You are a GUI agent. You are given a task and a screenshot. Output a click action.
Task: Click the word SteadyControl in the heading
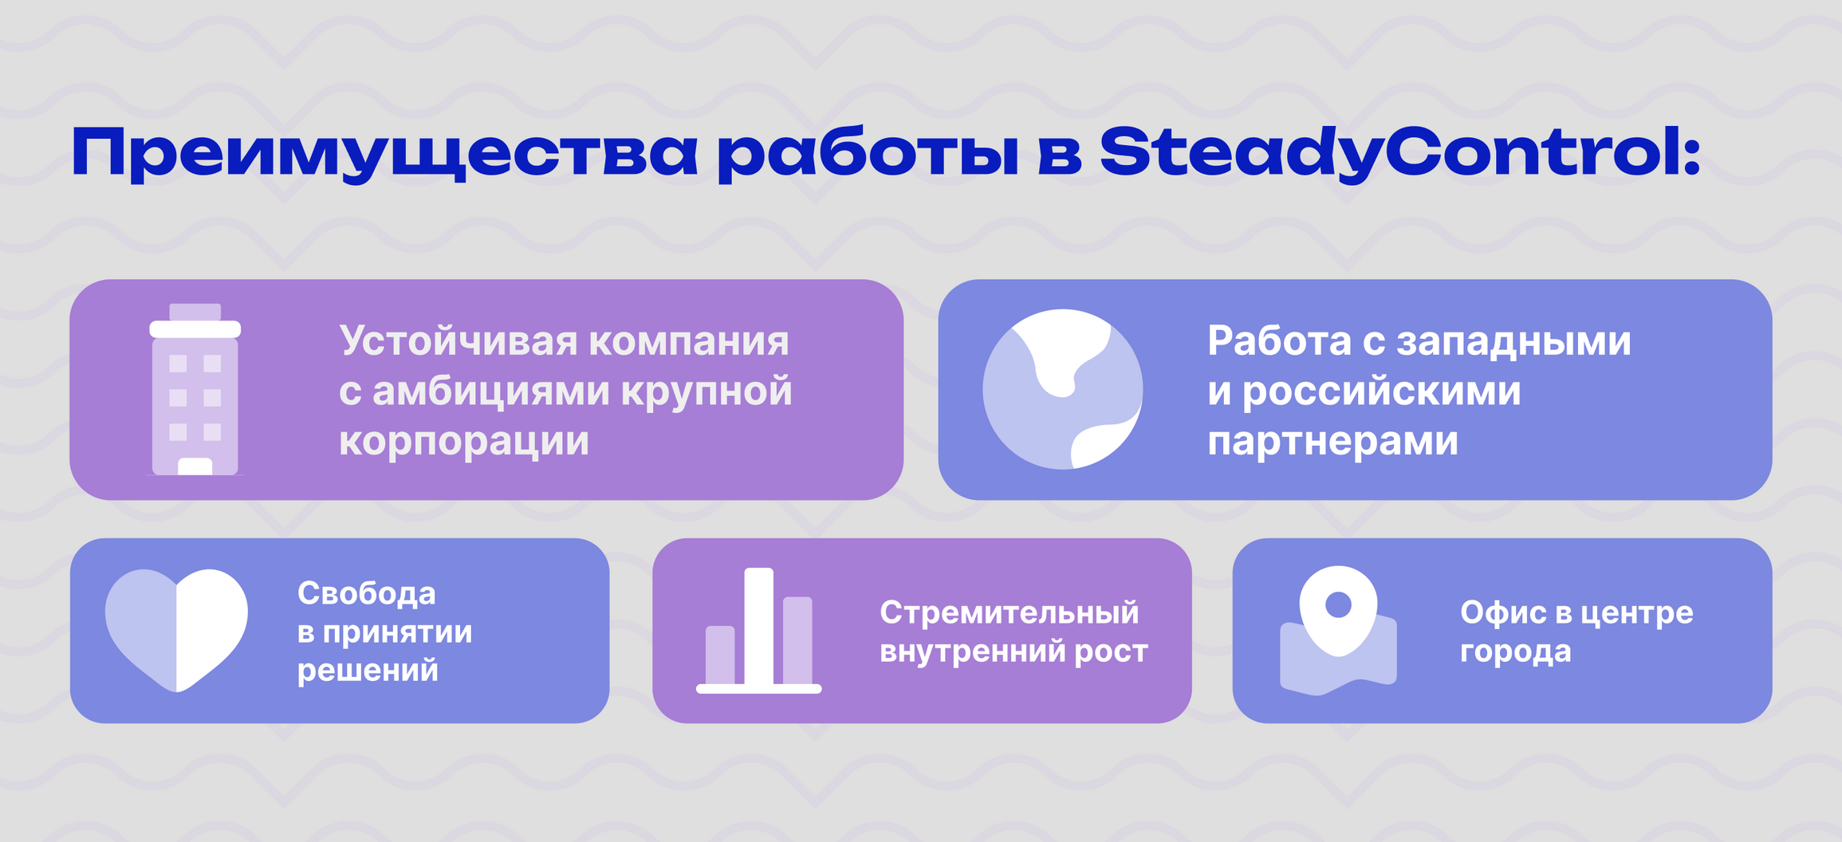(1400, 154)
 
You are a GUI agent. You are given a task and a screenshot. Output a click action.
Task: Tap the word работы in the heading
(868, 154)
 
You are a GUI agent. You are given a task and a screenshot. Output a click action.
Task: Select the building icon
(195, 390)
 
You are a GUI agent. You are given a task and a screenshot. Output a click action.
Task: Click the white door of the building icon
(195, 466)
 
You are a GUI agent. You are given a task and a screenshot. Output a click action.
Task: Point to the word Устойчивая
(459, 342)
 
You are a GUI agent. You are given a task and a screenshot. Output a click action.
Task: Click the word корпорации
(464, 442)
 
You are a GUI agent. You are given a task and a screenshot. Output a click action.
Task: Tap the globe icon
(1063, 389)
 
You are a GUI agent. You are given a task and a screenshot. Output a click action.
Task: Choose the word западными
(1514, 342)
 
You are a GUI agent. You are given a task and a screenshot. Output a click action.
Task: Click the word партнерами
(1332, 442)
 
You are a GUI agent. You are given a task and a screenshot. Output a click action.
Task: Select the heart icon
(176, 630)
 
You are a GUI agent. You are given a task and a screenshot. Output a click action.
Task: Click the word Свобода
(367, 593)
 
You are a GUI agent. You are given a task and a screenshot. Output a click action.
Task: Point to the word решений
(368, 671)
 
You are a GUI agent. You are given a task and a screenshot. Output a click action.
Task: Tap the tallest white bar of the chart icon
(758, 627)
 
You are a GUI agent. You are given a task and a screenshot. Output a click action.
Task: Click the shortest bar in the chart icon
(720, 655)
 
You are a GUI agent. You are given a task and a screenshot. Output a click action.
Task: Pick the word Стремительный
(1010, 613)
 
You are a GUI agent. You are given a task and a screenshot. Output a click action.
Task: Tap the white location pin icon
(1338, 611)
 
